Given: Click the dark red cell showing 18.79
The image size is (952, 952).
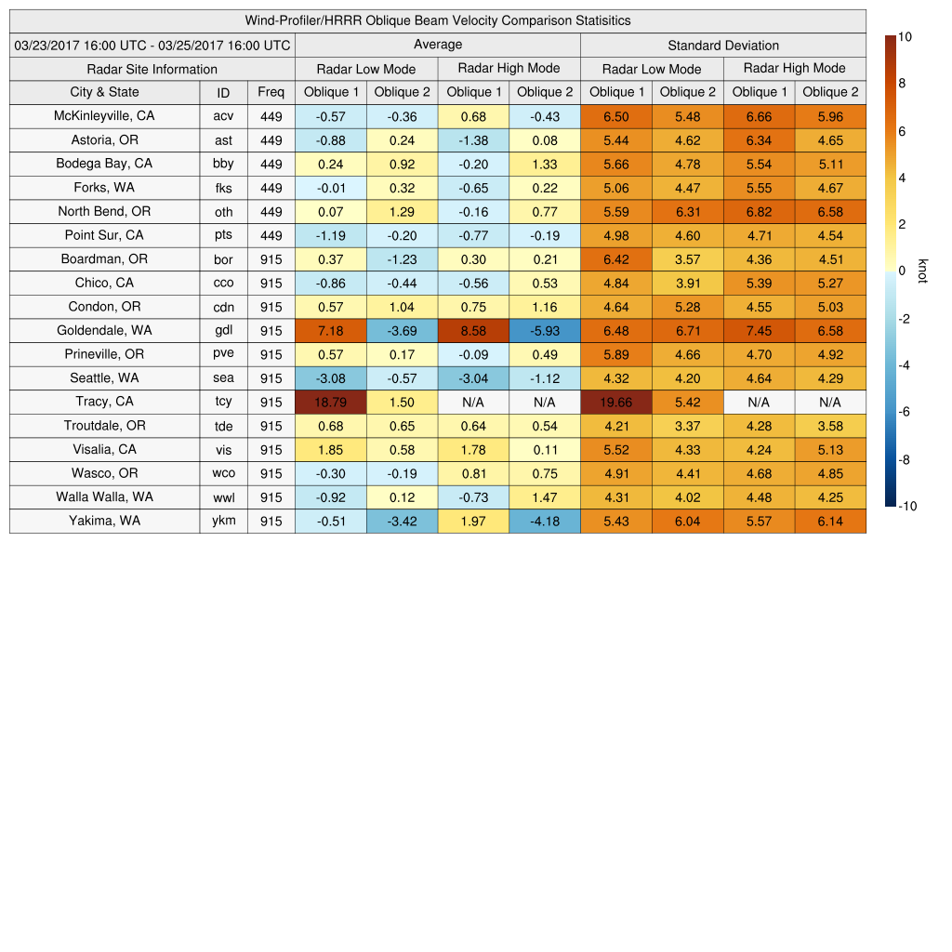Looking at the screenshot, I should [330, 402].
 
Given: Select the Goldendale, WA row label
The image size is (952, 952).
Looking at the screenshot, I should [104, 330].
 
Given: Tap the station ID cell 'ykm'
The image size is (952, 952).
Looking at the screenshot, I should [223, 521].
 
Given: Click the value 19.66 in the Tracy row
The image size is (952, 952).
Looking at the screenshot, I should [615, 402].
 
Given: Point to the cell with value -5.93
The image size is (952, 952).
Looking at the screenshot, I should [545, 330].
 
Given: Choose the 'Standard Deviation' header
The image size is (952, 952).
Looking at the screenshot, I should [723, 45].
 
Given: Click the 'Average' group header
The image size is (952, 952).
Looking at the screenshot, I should [437, 45].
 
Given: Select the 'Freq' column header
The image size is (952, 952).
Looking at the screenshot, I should [271, 92].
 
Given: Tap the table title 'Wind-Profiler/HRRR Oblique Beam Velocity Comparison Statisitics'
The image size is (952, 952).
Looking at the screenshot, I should [438, 20].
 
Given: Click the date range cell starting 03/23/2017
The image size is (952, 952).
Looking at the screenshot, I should [152, 45].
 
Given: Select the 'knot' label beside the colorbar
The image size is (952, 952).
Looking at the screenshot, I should [922, 271].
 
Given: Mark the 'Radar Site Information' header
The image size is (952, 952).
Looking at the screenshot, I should [152, 69].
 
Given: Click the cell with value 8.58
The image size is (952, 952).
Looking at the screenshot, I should [473, 330].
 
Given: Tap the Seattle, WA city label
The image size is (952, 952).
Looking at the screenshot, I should [104, 377].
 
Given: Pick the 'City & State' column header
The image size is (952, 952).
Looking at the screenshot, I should [104, 92].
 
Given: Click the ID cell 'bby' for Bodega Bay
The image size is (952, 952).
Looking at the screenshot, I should [223, 164].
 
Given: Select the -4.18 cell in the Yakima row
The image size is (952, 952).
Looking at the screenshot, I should [545, 521].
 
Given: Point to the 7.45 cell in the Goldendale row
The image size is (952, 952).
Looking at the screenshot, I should [759, 330].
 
